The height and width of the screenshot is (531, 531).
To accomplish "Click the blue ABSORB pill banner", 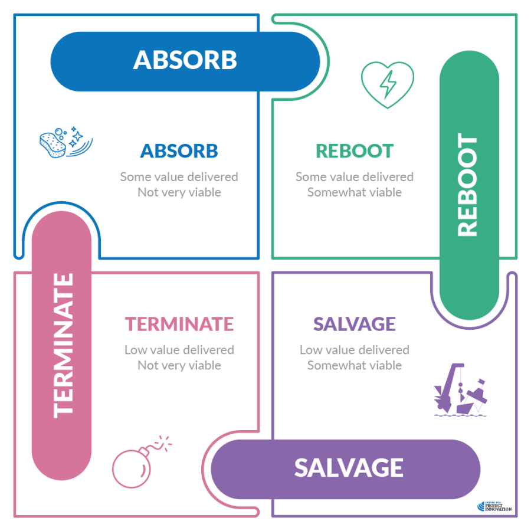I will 185,61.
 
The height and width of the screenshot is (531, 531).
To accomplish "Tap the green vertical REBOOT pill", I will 470,185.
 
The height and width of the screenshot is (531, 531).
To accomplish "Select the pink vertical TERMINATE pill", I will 63,345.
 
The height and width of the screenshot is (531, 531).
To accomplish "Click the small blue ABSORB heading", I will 179,151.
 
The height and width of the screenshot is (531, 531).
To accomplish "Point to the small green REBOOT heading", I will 354,151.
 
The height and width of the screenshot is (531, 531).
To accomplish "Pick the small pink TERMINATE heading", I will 179,324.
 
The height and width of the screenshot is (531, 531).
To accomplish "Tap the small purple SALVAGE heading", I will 354,324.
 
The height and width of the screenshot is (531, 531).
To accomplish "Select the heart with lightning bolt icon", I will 387,85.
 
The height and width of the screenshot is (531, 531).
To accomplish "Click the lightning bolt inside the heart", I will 388,85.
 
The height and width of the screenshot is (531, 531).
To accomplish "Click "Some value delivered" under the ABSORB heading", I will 179,176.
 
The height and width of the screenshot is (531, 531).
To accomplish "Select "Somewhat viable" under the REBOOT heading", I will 354,192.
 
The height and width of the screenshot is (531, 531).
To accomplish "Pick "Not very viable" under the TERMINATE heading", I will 179,366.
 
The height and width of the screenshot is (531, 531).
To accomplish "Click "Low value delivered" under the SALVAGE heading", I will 354,350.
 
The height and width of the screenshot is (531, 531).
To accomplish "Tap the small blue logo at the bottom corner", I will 493,506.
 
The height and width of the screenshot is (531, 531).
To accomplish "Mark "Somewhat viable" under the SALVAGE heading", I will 354,366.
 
